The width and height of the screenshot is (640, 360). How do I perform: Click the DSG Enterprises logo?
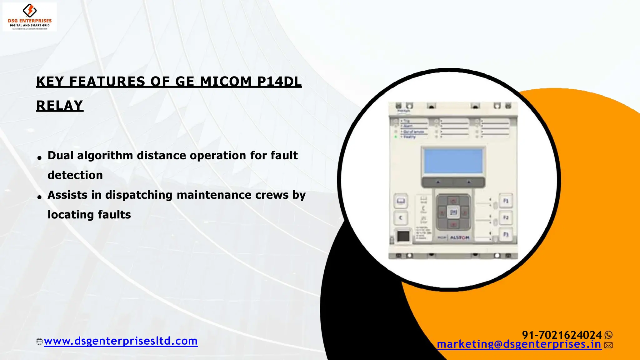[x=30, y=17]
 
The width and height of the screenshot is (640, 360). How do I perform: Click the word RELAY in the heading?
[x=60, y=106]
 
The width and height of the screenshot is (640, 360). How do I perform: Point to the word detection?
[x=75, y=175]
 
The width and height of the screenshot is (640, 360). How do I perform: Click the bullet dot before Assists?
[x=39, y=197]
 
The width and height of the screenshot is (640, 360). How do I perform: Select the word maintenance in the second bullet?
[x=214, y=195]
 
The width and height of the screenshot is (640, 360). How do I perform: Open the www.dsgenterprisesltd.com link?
[x=121, y=341]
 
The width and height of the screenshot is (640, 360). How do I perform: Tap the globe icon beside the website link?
[x=39, y=342]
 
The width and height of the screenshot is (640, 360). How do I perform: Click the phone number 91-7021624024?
[x=562, y=335]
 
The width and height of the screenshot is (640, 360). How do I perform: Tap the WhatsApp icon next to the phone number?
[x=608, y=335]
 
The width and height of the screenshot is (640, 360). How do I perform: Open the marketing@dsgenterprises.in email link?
[x=519, y=344]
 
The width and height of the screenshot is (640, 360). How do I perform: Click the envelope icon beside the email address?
[x=608, y=345]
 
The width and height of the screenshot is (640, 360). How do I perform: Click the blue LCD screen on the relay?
[x=453, y=161]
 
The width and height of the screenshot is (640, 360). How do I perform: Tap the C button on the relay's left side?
[x=401, y=218]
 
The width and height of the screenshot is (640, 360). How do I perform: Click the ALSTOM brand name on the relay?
[x=459, y=238]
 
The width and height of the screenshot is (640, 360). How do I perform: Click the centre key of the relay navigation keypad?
[x=453, y=212]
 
